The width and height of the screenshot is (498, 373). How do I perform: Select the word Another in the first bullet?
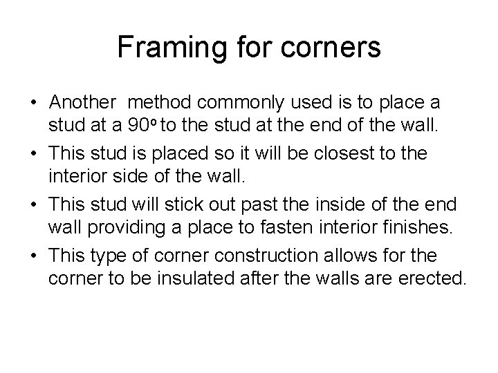(83, 102)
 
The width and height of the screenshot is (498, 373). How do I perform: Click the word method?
(162, 102)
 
